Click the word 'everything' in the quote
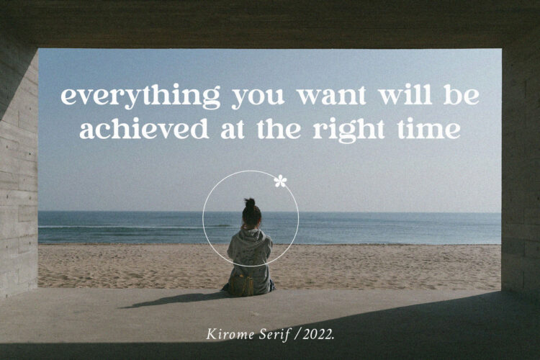tap(140, 96)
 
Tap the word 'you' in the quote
tap(258, 98)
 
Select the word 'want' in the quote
tap(331, 96)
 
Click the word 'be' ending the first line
tap(462, 94)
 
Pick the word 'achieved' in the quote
tap(144, 128)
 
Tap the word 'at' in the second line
tap(233, 130)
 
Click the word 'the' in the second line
tap(279, 128)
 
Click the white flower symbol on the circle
tap(280, 181)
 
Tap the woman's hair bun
tap(250, 203)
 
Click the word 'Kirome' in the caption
tap(230, 335)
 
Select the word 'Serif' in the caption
tap(275, 335)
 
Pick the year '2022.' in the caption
tap(318, 335)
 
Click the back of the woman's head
tap(251, 216)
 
